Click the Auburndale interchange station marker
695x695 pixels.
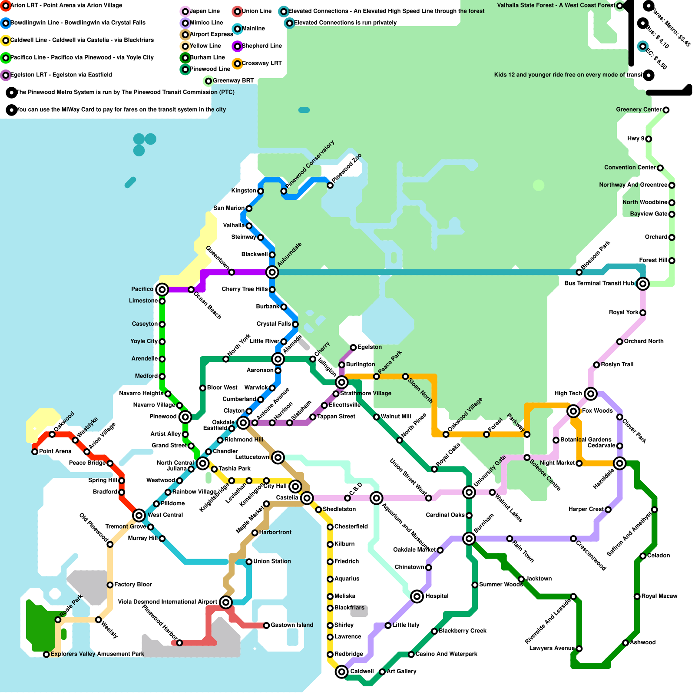pos(272,272)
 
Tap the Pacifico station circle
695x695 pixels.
pos(162,289)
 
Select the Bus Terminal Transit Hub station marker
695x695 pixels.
pos(643,284)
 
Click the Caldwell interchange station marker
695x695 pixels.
pos(342,672)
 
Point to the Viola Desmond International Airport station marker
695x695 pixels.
pos(225,602)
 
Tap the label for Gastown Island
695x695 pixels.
pos(292,625)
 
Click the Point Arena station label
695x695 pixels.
pos(55,451)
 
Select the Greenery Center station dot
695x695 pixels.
pos(666,110)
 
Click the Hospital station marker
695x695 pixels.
pos(417,596)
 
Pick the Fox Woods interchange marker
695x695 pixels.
pos(573,411)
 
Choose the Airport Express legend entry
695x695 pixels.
pos(211,34)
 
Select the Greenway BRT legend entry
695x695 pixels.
pos(233,81)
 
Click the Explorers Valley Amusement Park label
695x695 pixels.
pos(97,654)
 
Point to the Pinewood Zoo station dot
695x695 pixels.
pos(330,185)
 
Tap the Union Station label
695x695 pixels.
pos(272,561)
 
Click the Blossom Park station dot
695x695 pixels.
pos(579,272)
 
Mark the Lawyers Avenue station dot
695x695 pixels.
pos(579,649)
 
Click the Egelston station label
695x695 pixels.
pos(370,347)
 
